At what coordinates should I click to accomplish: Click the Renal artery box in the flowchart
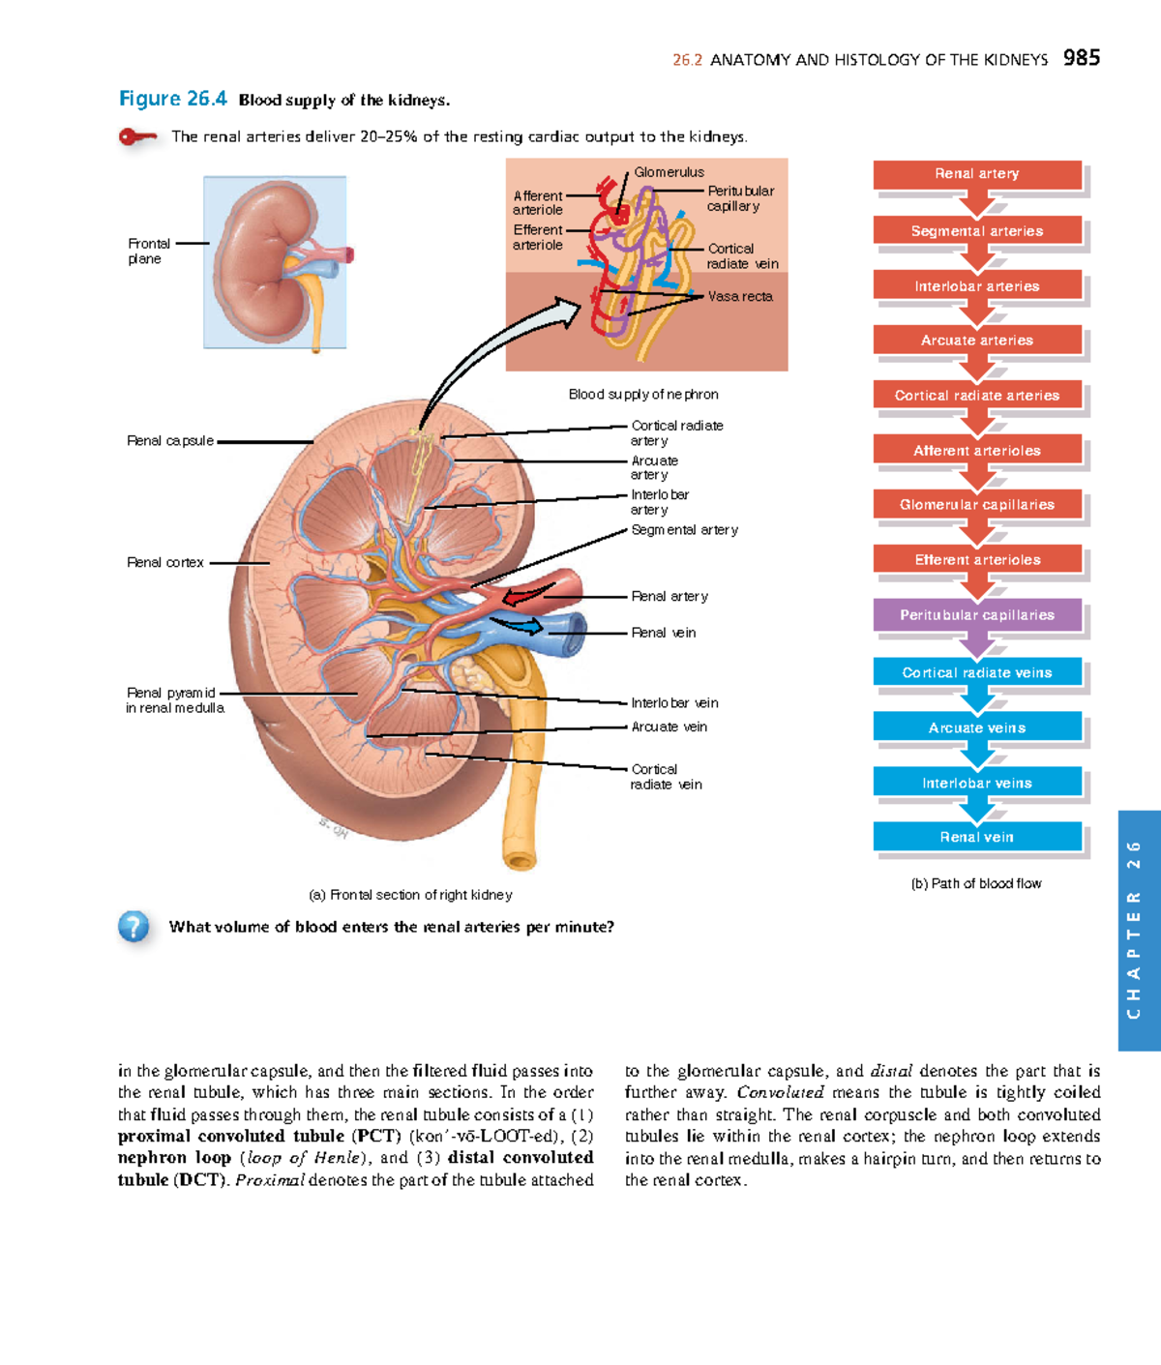[x=977, y=174]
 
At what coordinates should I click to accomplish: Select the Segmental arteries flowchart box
[x=977, y=231]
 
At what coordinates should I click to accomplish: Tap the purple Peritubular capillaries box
[x=977, y=615]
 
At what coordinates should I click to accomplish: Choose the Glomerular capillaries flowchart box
[x=977, y=505]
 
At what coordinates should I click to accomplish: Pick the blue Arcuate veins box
[x=977, y=727]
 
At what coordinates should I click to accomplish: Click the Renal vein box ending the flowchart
[x=977, y=837]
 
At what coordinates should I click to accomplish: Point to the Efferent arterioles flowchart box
[x=977, y=560]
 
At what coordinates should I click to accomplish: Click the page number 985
[x=1081, y=58]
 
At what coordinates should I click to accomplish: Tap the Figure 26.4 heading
[x=172, y=99]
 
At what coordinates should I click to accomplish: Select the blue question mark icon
[x=134, y=927]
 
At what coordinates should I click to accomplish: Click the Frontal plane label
[x=148, y=252]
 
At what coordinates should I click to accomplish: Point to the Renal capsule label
[x=170, y=441]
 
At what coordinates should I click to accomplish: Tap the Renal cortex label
[x=165, y=562]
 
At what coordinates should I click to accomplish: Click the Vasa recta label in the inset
[x=740, y=297]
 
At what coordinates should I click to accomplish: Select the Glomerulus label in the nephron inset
[x=669, y=172]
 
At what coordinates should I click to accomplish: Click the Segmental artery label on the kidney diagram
[x=684, y=530]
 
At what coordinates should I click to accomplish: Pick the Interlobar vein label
[x=674, y=703]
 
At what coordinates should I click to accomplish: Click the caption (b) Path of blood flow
[x=976, y=883]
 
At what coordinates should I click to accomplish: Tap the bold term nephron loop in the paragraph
[x=174, y=1158]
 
